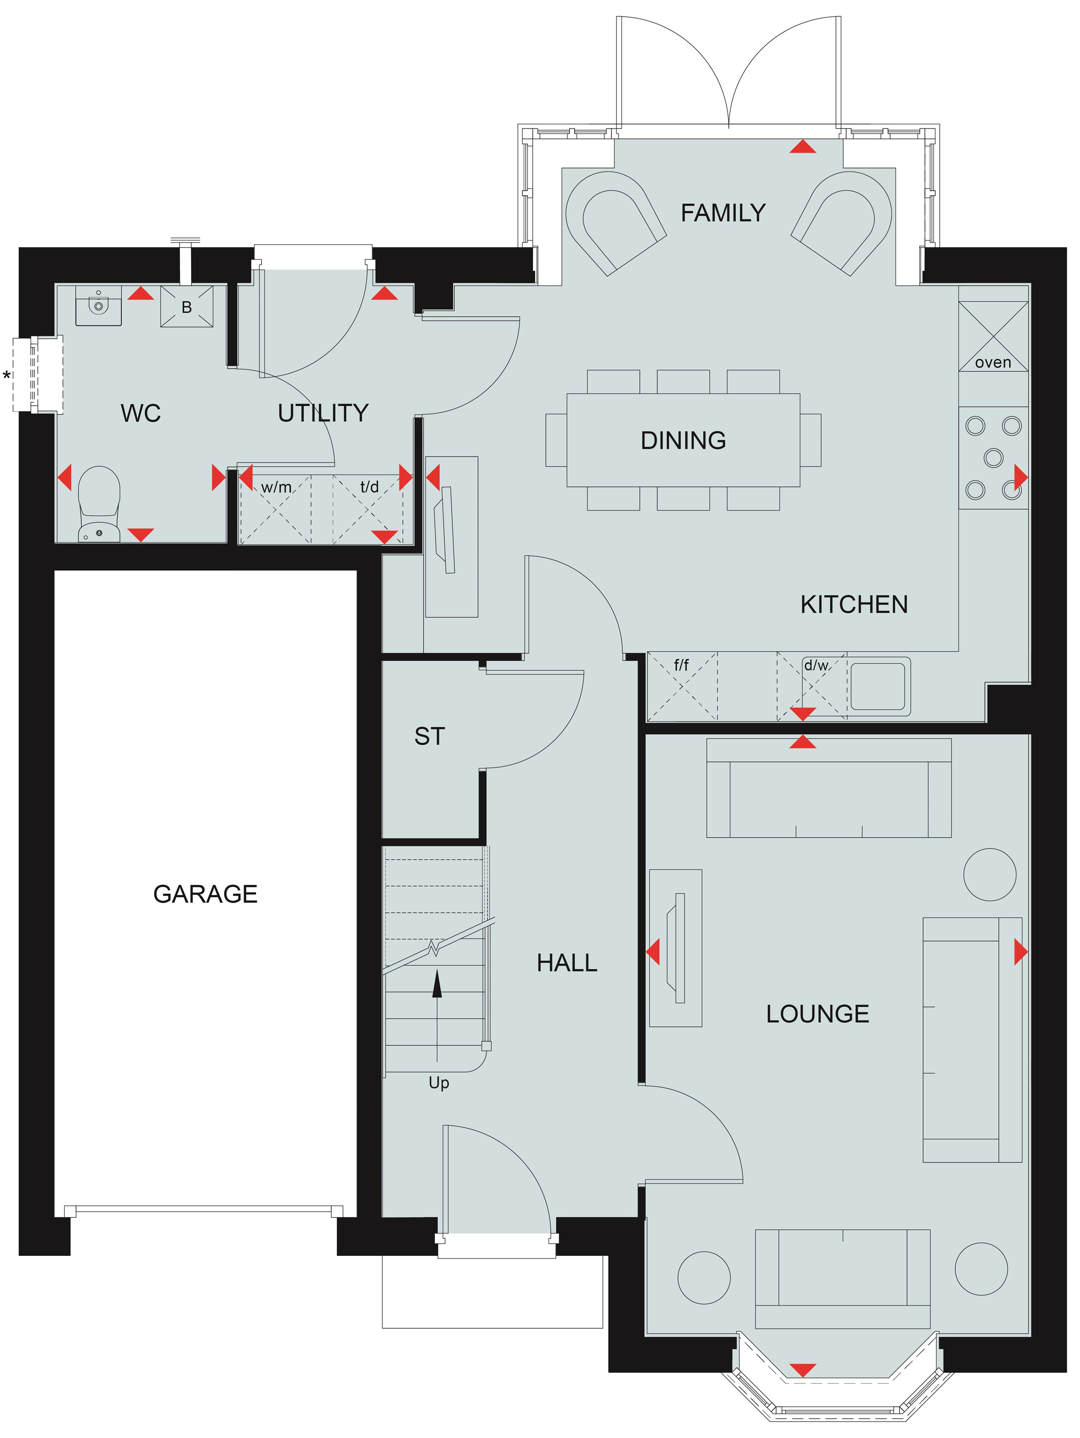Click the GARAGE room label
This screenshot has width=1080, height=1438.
[205, 894]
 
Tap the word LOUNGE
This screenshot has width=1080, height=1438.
[817, 1013]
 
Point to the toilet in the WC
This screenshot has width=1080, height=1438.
[99, 504]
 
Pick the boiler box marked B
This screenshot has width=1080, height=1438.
[186, 306]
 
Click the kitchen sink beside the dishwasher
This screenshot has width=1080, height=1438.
[878, 686]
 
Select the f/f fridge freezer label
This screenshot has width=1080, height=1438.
[681, 665]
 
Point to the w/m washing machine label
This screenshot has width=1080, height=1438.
[276, 487]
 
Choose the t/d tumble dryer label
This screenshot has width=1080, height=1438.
[369, 486]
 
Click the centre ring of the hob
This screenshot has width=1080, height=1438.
[993, 458]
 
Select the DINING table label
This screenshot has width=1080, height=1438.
[684, 440]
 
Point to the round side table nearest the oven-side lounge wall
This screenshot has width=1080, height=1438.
[989, 875]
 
